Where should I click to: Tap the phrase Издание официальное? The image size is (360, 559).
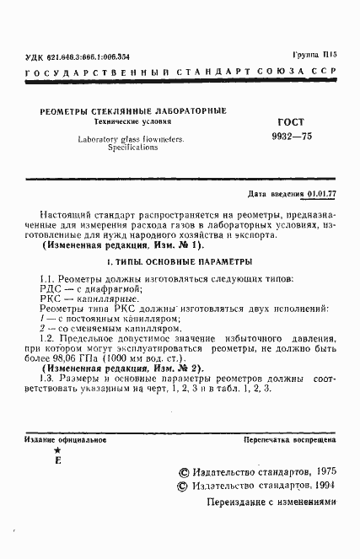pos(58,440)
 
